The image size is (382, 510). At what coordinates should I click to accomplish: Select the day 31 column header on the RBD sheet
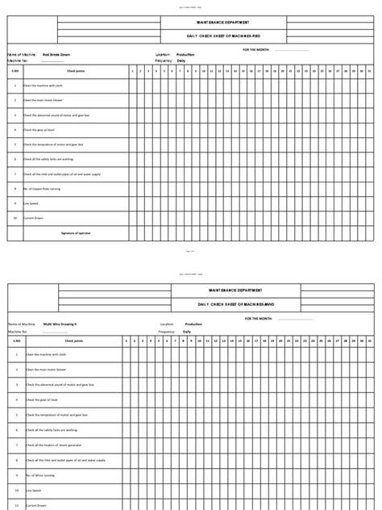[x=369, y=71]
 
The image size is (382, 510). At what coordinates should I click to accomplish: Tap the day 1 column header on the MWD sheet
[x=127, y=341]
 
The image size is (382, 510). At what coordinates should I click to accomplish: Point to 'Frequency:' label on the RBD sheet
[x=164, y=61]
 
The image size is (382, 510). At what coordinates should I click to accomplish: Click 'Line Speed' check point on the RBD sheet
[x=31, y=203]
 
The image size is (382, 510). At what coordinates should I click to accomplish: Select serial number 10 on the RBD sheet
[x=15, y=218]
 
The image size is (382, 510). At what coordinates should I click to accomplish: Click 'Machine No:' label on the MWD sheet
[x=19, y=331]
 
